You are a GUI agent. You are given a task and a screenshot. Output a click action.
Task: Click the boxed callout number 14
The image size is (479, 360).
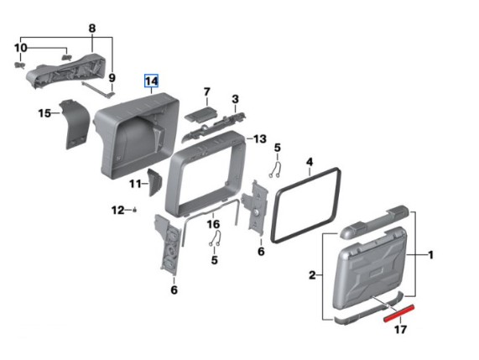click(x=151, y=81)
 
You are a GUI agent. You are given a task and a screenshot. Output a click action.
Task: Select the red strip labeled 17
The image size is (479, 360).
click(x=399, y=313)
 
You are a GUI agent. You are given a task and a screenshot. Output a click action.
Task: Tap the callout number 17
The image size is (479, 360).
click(x=400, y=330)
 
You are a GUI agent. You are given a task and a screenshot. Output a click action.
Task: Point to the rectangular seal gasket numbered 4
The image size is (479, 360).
click(x=306, y=205)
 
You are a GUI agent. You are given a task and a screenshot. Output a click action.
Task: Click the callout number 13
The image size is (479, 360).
click(x=260, y=139)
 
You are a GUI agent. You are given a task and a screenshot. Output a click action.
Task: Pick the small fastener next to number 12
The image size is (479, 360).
click(x=135, y=210)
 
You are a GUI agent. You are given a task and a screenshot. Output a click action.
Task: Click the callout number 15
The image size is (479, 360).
click(x=44, y=113)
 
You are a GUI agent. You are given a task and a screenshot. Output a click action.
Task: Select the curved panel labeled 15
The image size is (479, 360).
click(x=75, y=123)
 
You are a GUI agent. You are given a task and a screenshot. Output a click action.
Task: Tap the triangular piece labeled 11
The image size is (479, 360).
click(x=155, y=182)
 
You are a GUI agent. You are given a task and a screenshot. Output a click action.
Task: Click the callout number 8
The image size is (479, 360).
click(x=92, y=29)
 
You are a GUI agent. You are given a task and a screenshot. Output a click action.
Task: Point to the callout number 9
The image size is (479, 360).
click(x=112, y=78)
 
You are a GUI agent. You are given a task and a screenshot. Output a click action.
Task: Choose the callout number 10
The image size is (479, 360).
click(x=20, y=48)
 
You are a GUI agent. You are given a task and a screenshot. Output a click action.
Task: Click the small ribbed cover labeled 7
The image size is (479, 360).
click(x=201, y=114)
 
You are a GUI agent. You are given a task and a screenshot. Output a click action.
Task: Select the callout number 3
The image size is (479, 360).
click(x=235, y=99)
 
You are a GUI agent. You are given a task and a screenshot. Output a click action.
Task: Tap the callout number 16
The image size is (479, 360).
click(x=213, y=224)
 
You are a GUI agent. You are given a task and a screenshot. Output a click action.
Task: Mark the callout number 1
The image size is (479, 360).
click(x=430, y=255)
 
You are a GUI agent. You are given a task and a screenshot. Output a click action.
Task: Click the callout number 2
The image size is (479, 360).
click(x=311, y=275)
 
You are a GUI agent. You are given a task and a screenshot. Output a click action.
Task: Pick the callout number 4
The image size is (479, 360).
click(x=310, y=162)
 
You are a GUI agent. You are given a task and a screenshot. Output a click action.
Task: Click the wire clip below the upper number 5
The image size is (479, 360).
click(x=276, y=169)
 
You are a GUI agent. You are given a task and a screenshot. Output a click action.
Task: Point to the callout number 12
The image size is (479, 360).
click(x=118, y=211)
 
